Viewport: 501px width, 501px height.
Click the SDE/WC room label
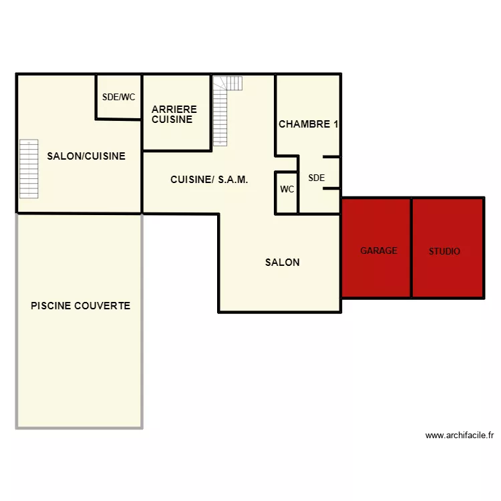118,97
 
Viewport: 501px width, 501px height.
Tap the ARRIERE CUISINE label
174,114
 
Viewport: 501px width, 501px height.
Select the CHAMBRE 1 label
309,124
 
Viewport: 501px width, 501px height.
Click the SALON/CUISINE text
86,156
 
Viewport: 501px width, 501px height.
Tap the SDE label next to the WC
316,178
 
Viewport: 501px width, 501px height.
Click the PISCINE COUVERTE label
80,306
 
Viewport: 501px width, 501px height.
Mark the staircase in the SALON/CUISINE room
29,169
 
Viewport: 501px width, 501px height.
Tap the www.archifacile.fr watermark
459,436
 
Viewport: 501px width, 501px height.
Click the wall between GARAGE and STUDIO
411,248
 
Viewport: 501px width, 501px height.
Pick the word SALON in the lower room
282,263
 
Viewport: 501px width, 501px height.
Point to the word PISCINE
51,306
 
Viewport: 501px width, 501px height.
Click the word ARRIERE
174,110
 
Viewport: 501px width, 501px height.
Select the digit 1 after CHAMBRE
335,124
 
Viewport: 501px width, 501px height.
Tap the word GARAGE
379,251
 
